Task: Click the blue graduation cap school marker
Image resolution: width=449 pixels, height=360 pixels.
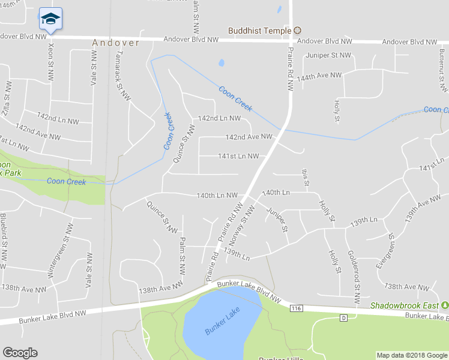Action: [x=50, y=19]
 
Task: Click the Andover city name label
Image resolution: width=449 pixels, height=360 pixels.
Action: [x=115, y=43]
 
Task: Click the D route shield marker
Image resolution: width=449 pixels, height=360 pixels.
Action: [x=343, y=317]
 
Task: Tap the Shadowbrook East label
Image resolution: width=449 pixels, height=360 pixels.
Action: [x=405, y=305]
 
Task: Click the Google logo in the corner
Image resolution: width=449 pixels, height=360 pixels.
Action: [x=20, y=353]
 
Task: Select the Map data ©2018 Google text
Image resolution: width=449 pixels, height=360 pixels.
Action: [x=412, y=355]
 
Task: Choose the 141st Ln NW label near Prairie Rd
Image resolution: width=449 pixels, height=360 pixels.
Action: [x=238, y=157]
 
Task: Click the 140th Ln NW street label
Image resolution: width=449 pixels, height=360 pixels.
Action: [x=217, y=196]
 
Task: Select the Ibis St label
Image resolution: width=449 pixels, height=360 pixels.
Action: [x=304, y=177]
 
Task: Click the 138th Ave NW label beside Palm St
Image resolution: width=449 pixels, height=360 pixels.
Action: [x=160, y=289]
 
